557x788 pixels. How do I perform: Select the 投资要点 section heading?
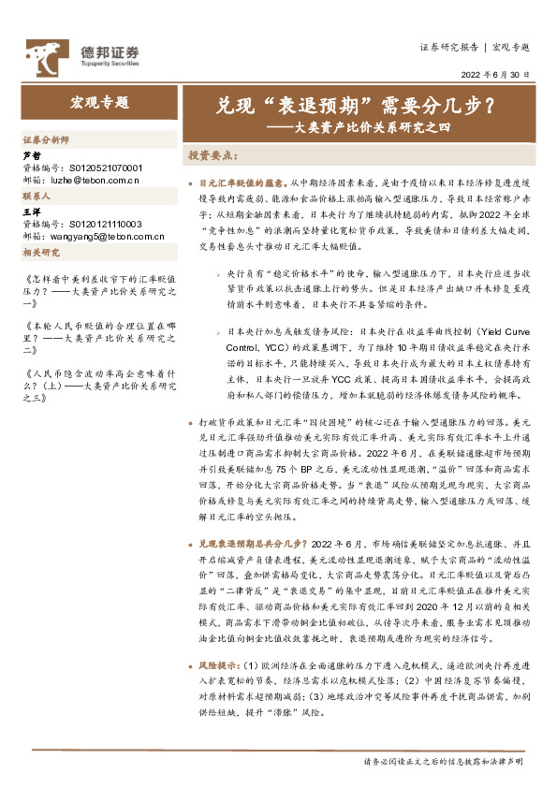point(211,154)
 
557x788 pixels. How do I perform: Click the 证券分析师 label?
point(46,139)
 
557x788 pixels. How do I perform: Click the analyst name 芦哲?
point(32,155)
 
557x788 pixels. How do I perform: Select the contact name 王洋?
point(32,213)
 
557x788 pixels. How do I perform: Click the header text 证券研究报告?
point(449,46)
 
